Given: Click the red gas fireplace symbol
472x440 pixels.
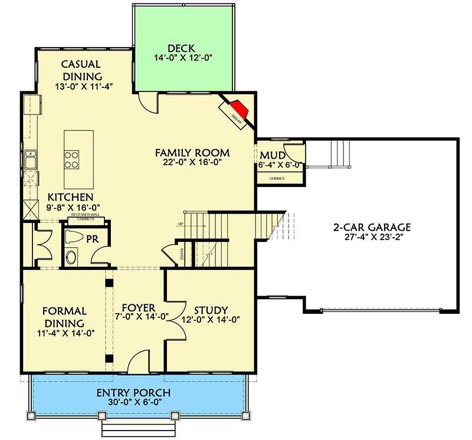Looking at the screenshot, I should click(238, 110).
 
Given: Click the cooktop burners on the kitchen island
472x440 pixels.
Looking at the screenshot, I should click(73, 159).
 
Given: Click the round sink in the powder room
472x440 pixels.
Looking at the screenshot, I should click(71, 257).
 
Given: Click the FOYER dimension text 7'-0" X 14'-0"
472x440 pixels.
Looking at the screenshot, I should click(138, 316).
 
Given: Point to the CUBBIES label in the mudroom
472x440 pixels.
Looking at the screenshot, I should click(277, 178).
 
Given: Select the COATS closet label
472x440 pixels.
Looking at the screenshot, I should click(182, 254).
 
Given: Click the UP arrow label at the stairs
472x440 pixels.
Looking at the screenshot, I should click(181, 224).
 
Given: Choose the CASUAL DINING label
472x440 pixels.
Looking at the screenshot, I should click(82, 70).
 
